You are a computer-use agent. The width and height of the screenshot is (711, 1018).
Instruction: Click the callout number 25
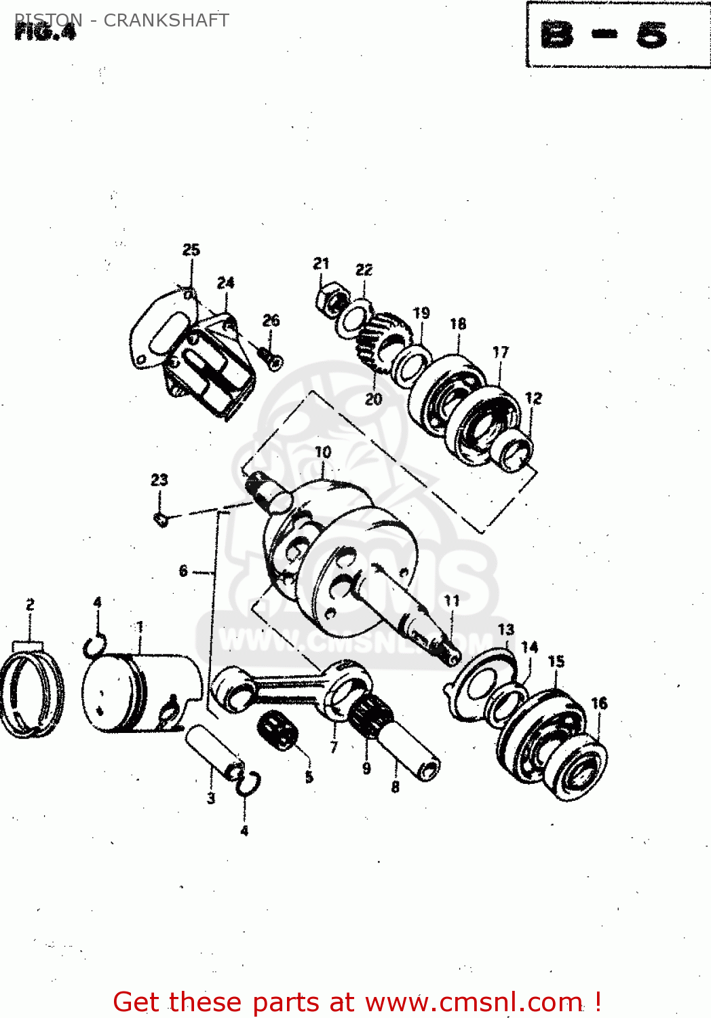191,250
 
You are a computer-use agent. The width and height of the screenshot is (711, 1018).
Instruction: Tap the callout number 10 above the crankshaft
323,452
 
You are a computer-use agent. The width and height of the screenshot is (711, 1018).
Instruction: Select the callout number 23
159,480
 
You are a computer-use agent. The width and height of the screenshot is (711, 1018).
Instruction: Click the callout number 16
599,703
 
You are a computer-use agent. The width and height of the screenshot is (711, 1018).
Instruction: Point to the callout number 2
30,604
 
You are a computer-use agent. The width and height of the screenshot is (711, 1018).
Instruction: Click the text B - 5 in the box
604,35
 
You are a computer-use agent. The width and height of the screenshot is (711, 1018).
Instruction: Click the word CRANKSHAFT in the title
166,20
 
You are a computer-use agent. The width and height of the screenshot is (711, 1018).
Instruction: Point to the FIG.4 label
45,32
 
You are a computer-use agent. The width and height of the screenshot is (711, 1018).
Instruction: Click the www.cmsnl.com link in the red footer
476,1002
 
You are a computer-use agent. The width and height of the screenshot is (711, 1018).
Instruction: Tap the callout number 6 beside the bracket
183,571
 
